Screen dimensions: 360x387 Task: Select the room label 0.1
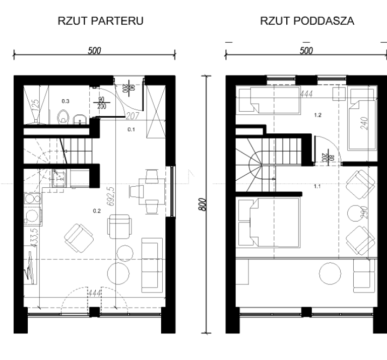point(131,130)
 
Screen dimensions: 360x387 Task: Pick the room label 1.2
point(316,115)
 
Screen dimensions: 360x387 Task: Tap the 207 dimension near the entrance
point(133,115)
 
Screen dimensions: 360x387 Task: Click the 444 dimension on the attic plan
point(306,94)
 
